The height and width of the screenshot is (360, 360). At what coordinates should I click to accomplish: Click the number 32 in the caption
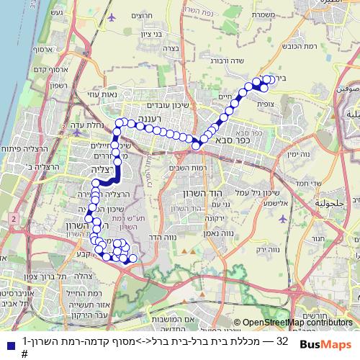(282, 340)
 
